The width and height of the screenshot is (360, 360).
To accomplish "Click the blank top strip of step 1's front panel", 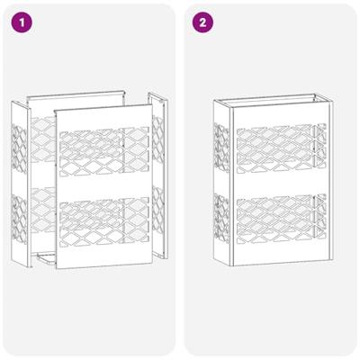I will pyautogui.click(x=101, y=115).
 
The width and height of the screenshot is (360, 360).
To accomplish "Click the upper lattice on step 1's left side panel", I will pyautogui.click(x=20, y=144).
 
